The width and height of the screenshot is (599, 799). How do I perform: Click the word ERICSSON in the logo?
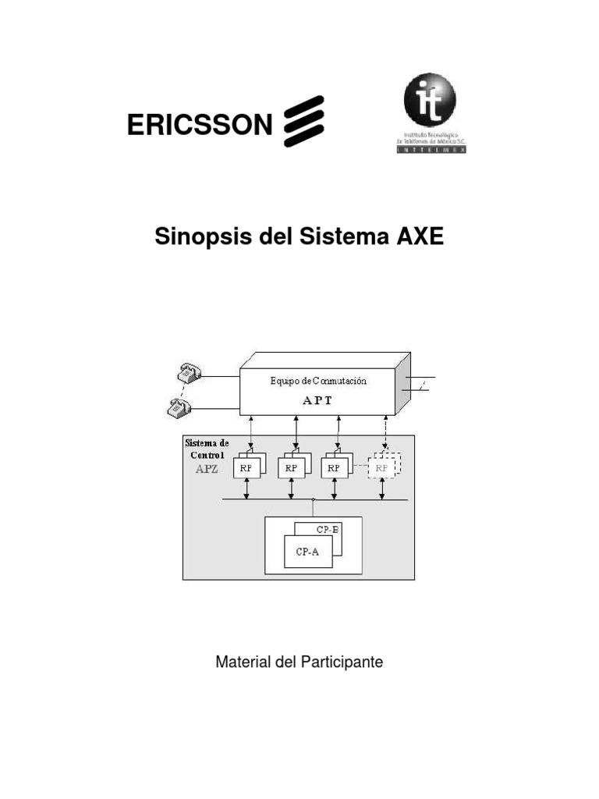200,124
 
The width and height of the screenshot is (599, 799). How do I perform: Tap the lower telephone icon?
179,406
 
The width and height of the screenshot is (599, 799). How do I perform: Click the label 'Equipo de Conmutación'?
318,382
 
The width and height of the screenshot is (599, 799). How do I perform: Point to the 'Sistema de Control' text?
207,448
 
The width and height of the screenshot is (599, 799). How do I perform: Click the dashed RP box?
383,467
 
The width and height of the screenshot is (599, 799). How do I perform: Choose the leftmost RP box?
248,467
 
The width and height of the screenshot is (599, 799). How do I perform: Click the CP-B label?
328,529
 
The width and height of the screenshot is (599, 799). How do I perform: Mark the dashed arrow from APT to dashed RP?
385,432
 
